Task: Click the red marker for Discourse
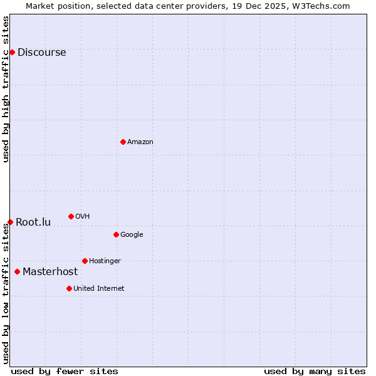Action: (x=12, y=52)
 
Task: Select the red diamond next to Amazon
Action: (x=123, y=142)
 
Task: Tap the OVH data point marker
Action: (x=71, y=216)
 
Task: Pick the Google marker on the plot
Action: (x=116, y=234)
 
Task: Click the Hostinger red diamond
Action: (x=85, y=261)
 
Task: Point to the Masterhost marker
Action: (x=17, y=271)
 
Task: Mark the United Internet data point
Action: (x=69, y=288)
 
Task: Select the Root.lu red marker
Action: (x=10, y=222)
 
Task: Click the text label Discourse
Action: (x=41, y=53)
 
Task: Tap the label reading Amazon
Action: (x=140, y=142)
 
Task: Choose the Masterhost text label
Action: (x=50, y=272)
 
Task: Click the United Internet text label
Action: (x=98, y=289)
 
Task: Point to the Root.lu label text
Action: (x=33, y=222)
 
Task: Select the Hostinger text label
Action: (x=105, y=261)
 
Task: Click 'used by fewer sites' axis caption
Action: (x=65, y=371)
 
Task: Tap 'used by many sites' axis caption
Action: (x=315, y=371)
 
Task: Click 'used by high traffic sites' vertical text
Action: (x=6, y=89)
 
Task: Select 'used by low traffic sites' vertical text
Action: (x=6, y=293)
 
